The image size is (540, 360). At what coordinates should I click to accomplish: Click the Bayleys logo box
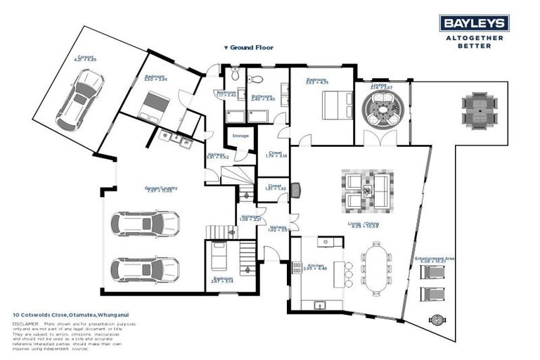point(475,23)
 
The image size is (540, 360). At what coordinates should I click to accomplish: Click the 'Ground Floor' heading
point(248,48)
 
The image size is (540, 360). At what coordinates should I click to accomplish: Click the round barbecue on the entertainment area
point(437,319)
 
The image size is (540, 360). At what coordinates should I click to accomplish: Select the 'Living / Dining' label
point(364,224)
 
